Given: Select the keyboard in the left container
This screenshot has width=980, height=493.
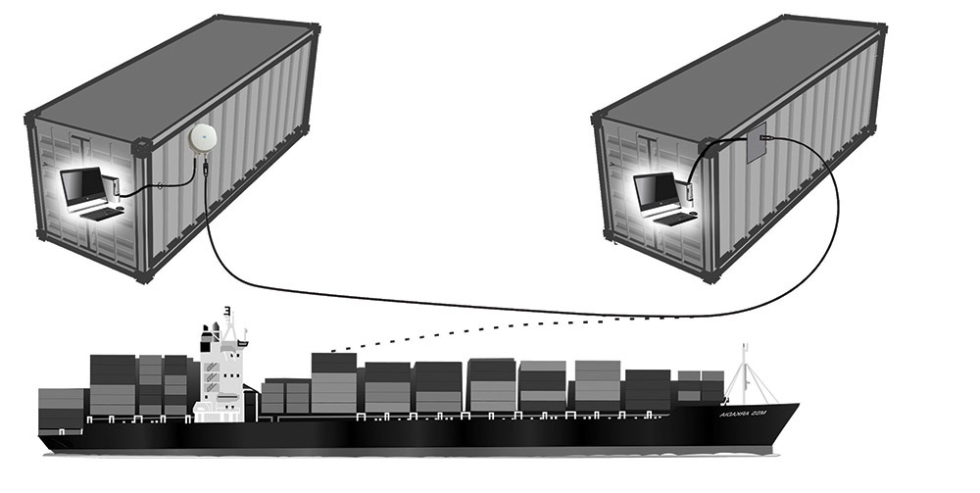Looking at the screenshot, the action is (97, 213).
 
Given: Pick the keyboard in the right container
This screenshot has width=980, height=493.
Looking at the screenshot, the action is (669, 219).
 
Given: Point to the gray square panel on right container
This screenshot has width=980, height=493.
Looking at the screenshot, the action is (755, 148).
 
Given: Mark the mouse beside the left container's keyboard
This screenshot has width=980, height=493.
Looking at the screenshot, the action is (119, 209).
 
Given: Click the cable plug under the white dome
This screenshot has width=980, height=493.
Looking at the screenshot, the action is (206, 169).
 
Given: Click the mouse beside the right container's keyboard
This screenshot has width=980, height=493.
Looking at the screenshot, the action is (691, 213).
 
